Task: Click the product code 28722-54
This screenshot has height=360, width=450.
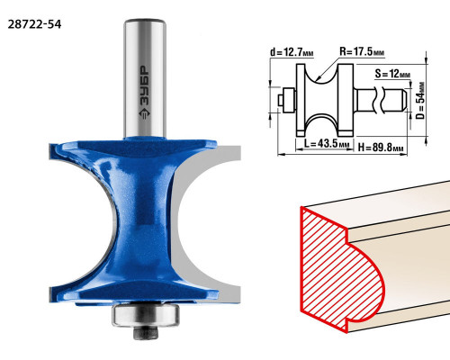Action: point(34,24)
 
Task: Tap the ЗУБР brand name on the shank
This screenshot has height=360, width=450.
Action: point(145,85)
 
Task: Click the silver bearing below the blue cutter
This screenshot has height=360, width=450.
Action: point(146,315)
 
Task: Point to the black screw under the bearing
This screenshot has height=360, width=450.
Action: point(146,333)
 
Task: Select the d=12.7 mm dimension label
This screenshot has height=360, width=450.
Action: point(292,52)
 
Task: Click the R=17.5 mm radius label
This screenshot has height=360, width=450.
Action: point(362,51)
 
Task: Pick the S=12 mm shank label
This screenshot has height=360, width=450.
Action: point(392,73)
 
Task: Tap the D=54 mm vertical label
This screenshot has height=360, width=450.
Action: point(420,101)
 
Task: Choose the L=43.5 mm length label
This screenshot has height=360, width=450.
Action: point(327,143)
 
